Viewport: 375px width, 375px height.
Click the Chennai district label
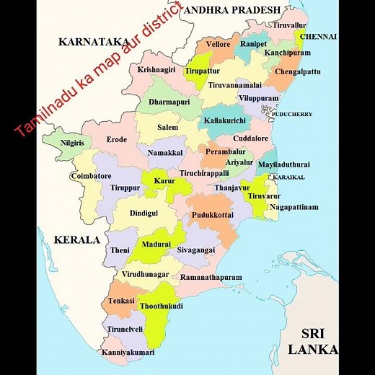coord(318,35)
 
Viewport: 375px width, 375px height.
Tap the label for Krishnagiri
coord(157,69)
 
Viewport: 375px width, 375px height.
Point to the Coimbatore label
coord(91,176)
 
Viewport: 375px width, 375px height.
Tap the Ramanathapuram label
coord(211,277)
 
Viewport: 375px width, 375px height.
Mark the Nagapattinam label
coord(294,207)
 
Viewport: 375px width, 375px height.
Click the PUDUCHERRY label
coord(291,114)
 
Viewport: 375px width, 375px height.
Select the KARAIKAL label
coord(288,177)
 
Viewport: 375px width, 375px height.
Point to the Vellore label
coord(218,45)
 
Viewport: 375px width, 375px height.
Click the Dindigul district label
coord(144,213)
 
